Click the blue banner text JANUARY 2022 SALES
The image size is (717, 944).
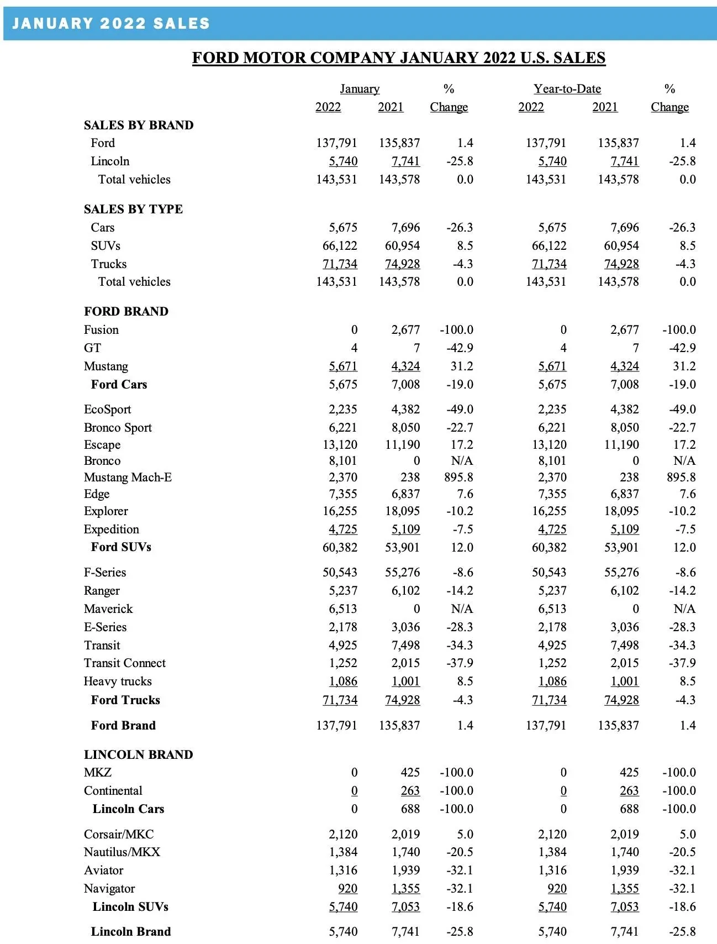pyautogui.click(x=111, y=23)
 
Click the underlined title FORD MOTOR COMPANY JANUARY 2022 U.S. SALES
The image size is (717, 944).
pyautogui.click(x=398, y=57)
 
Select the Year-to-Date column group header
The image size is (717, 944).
pyautogui.click(x=567, y=89)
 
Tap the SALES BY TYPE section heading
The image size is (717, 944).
pyautogui.click(x=133, y=209)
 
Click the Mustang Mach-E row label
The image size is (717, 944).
pyautogui.click(x=128, y=477)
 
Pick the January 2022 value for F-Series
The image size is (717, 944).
pyautogui.click(x=340, y=572)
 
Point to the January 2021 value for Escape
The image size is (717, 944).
pyautogui.click(x=402, y=444)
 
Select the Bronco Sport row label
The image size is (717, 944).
pyautogui.click(x=118, y=427)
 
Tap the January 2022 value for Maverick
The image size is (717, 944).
pyautogui.click(x=343, y=609)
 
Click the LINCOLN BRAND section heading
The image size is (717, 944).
pyautogui.click(x=138, y=754)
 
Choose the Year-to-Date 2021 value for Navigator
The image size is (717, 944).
pyautogui.click(x=624, y=888)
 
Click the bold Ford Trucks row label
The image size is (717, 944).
pyautogui.click(x=125, y=700)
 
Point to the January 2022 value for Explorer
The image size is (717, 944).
pyautogui.click(x=340, y=511)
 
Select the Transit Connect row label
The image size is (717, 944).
pyautogui.click(x=124, y=663)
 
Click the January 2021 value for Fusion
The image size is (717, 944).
pyautogui.click(x=405, y=329)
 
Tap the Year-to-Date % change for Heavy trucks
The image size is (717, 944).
pyautogui.click(x=687, y=681)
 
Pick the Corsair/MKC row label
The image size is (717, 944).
pyautogui.click(x=119, y=834)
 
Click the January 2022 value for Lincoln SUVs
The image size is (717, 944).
pyautogui.click(x=343, y=906)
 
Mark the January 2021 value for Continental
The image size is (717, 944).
pyautogui.click(x=410, y=790)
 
